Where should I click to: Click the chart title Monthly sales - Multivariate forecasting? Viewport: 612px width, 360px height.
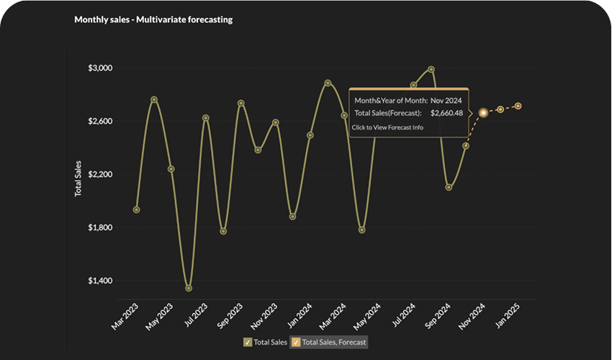pos(153,20)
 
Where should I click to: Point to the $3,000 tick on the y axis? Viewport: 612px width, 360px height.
pos(101,68)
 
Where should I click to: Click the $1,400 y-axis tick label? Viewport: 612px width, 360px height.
pos(101,281)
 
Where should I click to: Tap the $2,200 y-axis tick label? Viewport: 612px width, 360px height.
pos(101,174)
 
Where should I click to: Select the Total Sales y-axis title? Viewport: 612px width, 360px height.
pos(78,179)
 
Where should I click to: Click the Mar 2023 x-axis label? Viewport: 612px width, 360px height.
pos(127,315)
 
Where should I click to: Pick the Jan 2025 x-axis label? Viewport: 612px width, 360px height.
pos(509,315)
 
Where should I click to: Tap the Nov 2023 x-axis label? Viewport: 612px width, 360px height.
pos(265,315)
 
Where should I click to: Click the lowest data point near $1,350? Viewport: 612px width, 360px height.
pos(189,288)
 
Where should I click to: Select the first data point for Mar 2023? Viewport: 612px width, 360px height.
pos(136,210)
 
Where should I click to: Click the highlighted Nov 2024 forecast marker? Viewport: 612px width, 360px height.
pos(483,112)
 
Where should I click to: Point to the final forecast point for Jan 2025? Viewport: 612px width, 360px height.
pos(518,106)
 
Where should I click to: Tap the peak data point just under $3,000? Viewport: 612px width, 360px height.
pos(431,69)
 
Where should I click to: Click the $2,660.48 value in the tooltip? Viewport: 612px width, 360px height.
pos(446,113)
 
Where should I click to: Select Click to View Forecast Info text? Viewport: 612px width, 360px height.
pos(387,127)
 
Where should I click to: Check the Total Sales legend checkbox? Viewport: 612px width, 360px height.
pos(248,342)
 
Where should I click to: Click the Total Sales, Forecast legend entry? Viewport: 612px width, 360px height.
pos(330,342)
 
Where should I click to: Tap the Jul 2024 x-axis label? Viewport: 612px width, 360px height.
pos(405,315)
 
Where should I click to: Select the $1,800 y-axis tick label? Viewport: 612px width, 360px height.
pos(101,228)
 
